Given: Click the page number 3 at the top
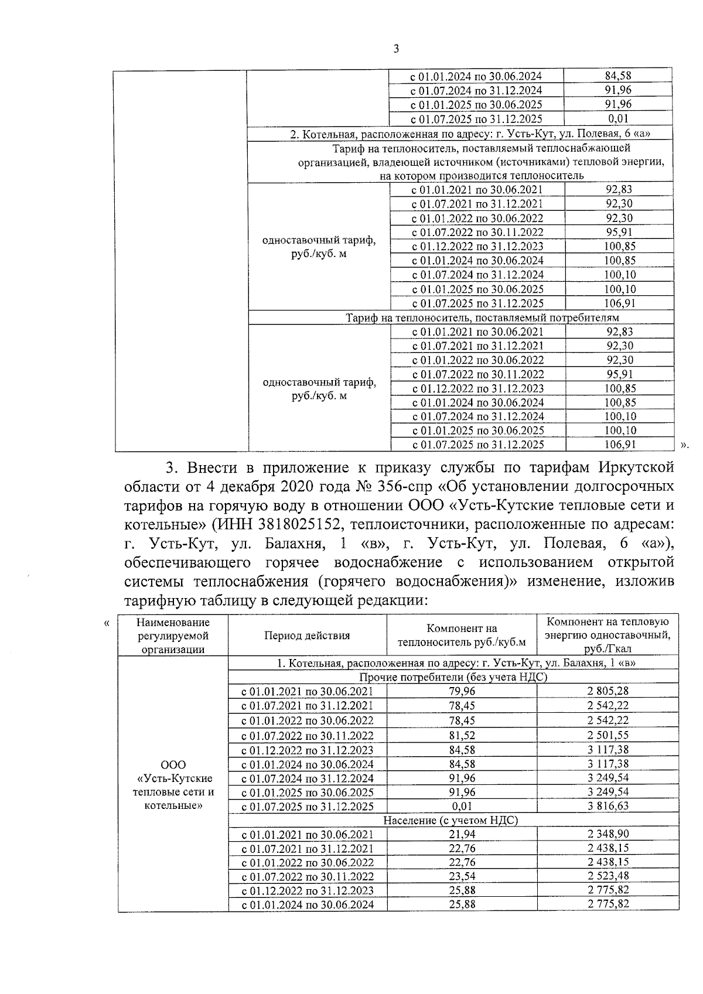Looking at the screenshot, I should (x=396, y=49).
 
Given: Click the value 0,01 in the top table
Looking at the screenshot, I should (x=618, y=119).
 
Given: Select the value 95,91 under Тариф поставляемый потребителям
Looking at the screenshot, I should (x=620, y=374).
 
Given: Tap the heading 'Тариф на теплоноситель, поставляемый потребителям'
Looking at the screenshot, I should (x=482, y=318).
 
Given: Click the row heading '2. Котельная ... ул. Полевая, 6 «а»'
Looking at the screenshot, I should (x=472, y=134).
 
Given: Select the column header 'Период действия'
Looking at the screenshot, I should (x=306, y=636).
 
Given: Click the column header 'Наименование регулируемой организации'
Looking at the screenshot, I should (x=173, y=636).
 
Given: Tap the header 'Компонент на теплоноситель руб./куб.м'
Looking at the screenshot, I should (x=462, y=636).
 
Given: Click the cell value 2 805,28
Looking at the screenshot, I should (x=608, y=691).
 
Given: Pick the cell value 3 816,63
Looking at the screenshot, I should (x=608, y=806).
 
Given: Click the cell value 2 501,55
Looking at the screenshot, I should (x=608, y=735).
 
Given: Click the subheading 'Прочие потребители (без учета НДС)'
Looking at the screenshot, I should (x=453, y=677).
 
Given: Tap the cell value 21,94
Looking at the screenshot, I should (x=462, y=834).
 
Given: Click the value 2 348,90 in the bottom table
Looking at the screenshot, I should (x=608, y=834).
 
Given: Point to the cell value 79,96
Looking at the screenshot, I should (x=462, y=691).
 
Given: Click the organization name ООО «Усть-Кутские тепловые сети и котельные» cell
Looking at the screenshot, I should (x=173, y=785).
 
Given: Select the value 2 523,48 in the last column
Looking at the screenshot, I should (x=608, y=877).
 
